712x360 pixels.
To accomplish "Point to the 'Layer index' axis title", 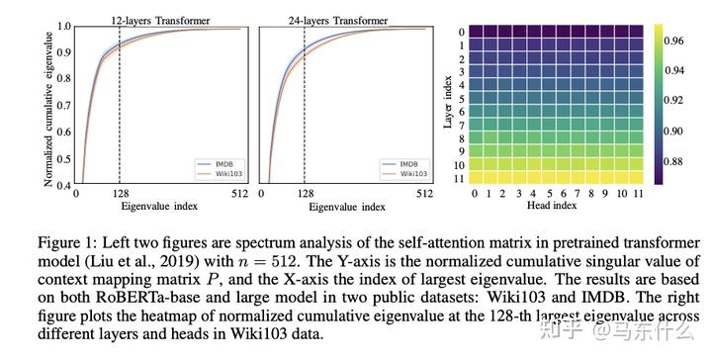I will (x=451, y=105).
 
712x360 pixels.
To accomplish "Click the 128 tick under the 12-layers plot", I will (x=120, y=194).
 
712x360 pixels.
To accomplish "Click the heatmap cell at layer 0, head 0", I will (x=476, y=32).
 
